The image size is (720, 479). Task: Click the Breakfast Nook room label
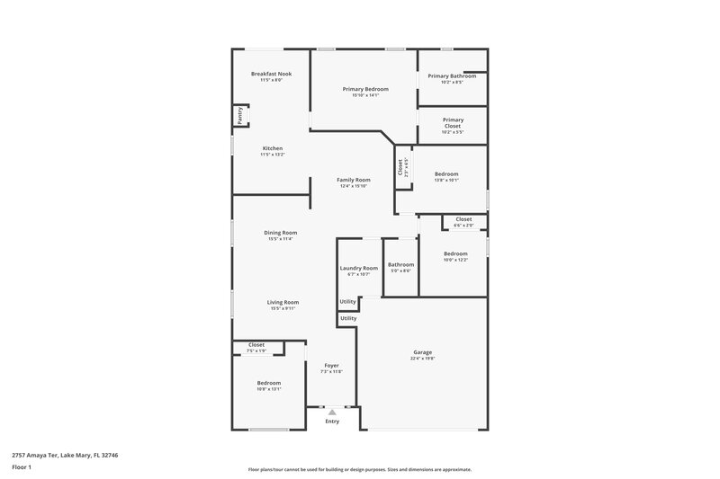tap(271, 74)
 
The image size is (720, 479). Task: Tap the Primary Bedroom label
tap(365, 89)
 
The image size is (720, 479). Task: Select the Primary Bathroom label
tap(452, 76)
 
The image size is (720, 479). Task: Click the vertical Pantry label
tap(240, 115)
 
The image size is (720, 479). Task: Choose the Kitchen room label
tap(273, 148)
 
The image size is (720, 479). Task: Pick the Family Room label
tap(354, 180)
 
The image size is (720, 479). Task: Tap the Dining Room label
tap(281, 233)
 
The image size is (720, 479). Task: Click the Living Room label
tap(283, 302)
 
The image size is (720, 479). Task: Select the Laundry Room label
tap(358, 268)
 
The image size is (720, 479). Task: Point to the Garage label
tap(422, 352)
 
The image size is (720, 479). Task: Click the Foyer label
tap(331, 365)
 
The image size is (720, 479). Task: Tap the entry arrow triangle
tap(332, 412)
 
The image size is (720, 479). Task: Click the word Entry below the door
tap(332, 421)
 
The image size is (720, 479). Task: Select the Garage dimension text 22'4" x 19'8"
tap(422, 359)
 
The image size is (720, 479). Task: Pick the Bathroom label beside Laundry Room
tap(400, 264)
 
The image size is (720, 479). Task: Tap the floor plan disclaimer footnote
tap(360, 469)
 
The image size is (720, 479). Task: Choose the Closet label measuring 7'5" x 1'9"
tap(256, 344)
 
